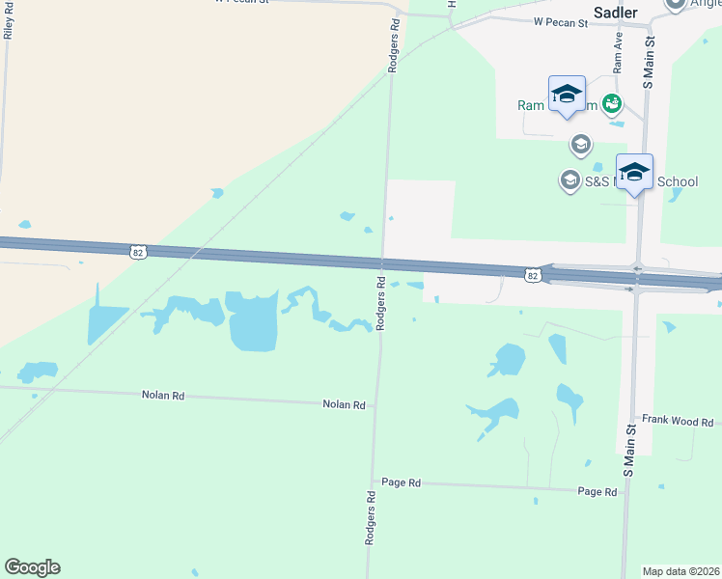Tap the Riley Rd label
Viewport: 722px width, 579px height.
tap(8, 20)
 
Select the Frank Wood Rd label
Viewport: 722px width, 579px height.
tap(678, 422)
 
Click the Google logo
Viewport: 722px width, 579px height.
tap(32, 567)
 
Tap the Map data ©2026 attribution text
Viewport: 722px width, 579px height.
tap(680, 570)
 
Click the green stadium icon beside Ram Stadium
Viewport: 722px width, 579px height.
tap(611, 102)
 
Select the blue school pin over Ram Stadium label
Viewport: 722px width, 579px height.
tap(567, 95)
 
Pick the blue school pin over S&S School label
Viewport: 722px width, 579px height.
tap(634, 173)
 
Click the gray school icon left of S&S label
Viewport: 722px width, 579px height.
tap(569, 179)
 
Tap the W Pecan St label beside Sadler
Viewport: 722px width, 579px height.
tap(561, 22)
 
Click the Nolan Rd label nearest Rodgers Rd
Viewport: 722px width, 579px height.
tap(346, 405)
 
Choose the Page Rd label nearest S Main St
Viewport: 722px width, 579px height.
tap(597, 492)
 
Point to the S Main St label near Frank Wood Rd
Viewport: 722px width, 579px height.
tap(628, 450)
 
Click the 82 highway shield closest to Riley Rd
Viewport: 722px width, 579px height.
tap(137, 251)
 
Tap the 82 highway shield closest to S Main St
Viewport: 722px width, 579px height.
tap(533, 276)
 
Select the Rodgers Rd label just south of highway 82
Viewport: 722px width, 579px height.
tap(381, 304)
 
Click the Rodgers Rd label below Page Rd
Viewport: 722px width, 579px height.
tap(370, 519)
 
